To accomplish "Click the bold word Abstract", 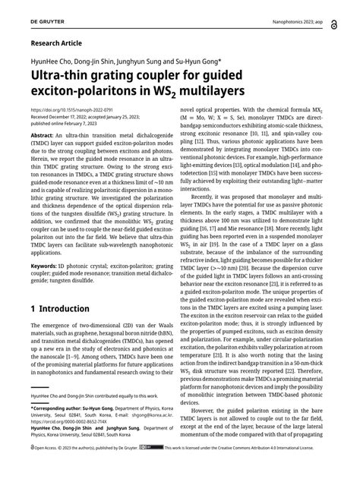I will (43, 134).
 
